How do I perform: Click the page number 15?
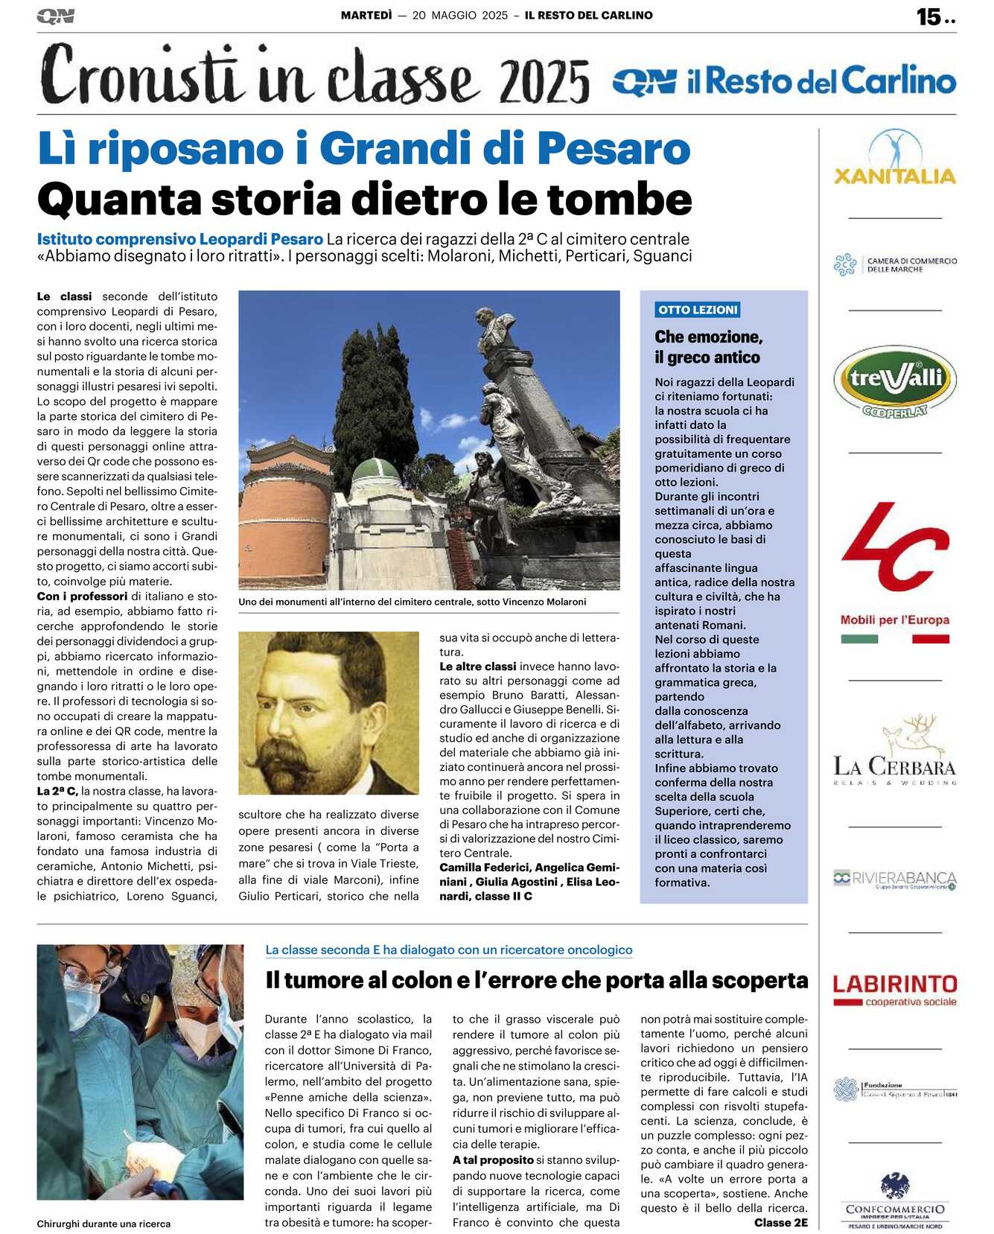point(928,16)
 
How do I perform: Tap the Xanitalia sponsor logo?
point(894,159)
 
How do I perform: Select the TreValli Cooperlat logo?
point(894,381)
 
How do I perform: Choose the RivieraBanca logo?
point(894,879)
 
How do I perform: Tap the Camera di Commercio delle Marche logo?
point(894,264)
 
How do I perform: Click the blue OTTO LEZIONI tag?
point(698,310)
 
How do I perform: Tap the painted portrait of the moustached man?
point(328,713)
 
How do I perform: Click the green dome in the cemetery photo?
point(376,471)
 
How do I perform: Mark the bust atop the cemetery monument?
point(495,327)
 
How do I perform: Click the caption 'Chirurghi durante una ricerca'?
point(103,1224)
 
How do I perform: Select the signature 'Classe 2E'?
point(780,1222)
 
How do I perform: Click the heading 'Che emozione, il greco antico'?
point(708,347)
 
